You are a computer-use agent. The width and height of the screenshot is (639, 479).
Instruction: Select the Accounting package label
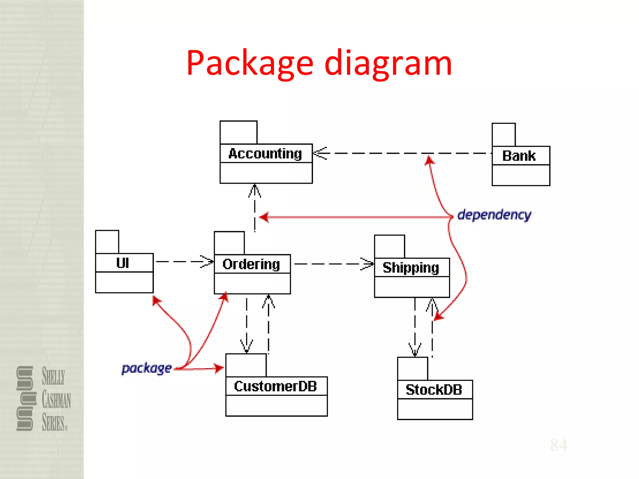pos(265,154)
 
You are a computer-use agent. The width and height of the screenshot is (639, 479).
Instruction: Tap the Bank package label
pos(519,156)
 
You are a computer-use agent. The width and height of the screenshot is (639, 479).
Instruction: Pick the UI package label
pos(123,263)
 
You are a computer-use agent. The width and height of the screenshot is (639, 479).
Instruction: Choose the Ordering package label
pos(251,264)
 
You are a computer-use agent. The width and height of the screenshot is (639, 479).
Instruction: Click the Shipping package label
pos(411,268)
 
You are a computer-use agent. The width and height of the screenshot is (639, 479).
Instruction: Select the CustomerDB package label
pos(276,386)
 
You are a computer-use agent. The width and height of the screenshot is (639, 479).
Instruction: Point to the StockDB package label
pos(434,390)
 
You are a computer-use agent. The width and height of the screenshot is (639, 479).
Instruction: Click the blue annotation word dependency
pos(494,215)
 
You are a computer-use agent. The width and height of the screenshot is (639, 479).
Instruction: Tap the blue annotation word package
pos(147,369)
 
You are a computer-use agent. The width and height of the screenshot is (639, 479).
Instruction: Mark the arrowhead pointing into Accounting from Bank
pos(319,153)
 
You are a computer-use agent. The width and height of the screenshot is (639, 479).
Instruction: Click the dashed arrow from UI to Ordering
pos(184,262)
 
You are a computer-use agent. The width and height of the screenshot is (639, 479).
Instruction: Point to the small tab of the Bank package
pos(504,135)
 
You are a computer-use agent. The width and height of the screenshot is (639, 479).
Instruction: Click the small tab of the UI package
pos(107,242)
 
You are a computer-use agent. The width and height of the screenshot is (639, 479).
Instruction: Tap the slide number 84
pos(559,445)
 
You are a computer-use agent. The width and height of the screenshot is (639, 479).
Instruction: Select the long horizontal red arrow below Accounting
pos(356,217)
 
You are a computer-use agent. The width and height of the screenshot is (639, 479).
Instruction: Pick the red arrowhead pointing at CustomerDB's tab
pos(219,368)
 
